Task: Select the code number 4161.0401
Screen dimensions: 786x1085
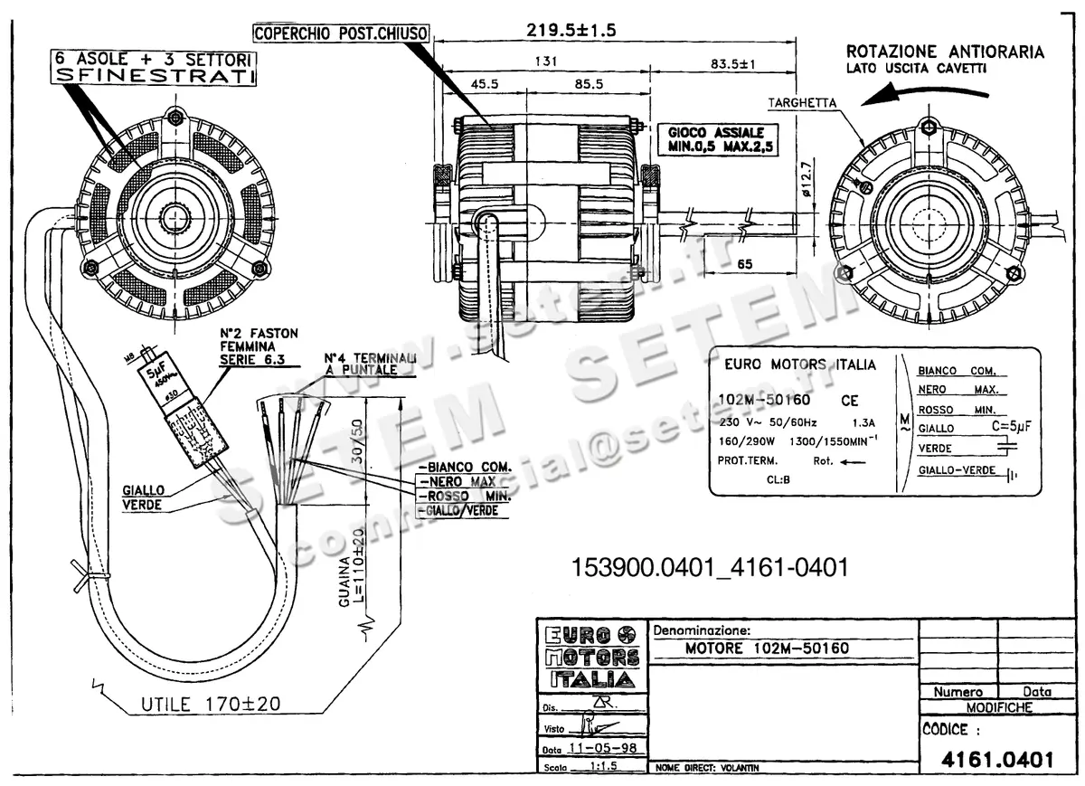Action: point(997,760)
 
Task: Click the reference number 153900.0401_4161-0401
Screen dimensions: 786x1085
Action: point(709,567)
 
